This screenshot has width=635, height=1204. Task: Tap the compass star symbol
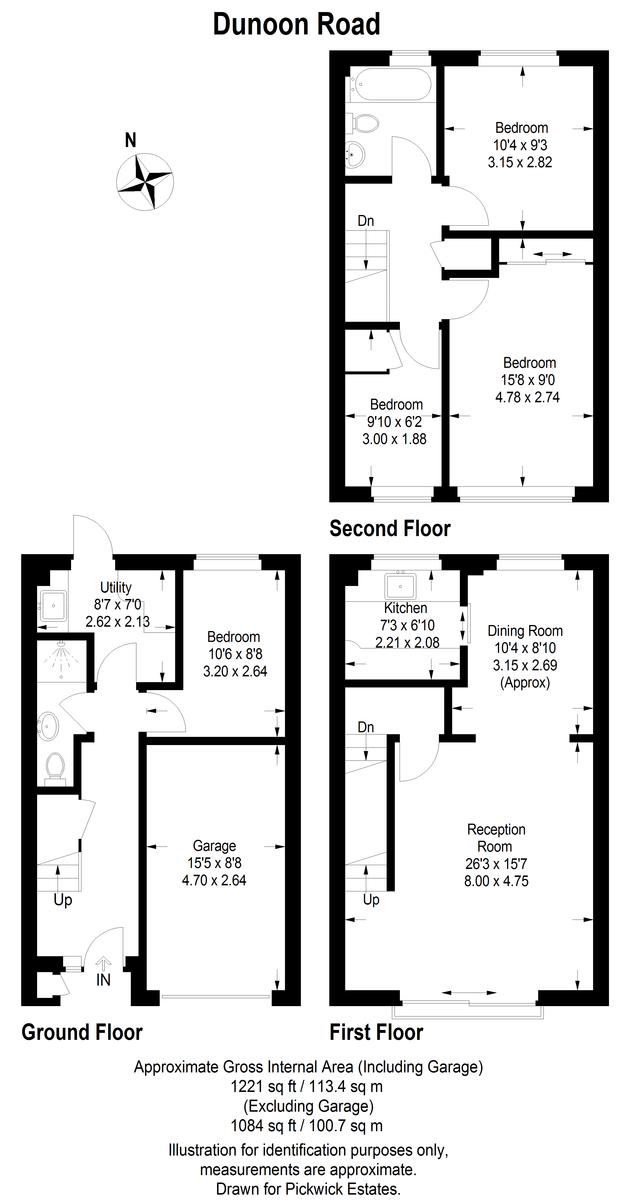pyautogui.click(x=145, y=182)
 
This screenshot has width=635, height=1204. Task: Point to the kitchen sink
pyautogui.click(x=400, y=586)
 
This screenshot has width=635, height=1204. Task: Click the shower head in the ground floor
pyautogui.click(x=61, y=646)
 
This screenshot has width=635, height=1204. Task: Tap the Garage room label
pyautogui.click(x=214, y=846)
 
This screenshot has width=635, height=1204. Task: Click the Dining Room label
pyautogui.click(x=525, y=631)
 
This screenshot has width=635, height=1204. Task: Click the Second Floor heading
pyautogui.click(x=390, y=529)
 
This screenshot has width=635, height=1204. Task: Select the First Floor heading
pyautogui.click(x=377, y=1032)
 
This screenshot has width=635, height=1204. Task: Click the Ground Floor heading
pyautogui.click(x=82, y=1032)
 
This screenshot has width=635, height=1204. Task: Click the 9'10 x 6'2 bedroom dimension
pyautogui.click(x=395, y=422)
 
